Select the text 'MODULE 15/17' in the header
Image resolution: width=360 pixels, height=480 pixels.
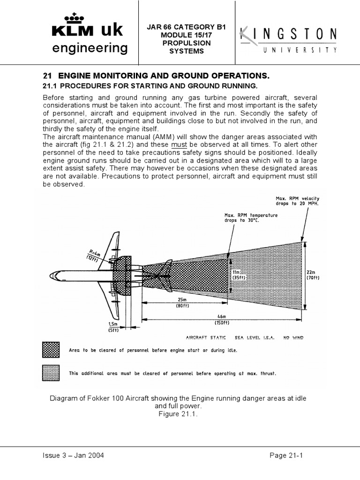coord(187,35)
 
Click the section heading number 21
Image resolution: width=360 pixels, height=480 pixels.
coord(46,75)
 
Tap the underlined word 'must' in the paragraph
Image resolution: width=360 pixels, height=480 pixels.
coord(179,145)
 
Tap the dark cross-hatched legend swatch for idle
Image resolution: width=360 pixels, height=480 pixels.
coord(51,350)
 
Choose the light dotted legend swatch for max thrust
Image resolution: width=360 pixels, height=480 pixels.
coord(51,374)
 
